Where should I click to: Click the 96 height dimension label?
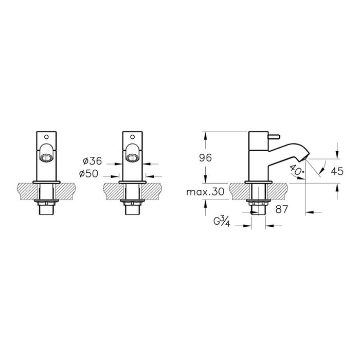click(206, 158)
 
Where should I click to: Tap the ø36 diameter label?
click(92, 161)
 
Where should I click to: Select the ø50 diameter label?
click(88, 174)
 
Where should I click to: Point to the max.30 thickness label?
click(205, 192)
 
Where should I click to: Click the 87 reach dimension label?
click(281, 209)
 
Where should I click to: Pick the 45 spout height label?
click(337, 171)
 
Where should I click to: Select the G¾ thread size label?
click(222, 222)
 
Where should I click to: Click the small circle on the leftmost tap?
click(46, 137)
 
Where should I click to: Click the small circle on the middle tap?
click(133, 137)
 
